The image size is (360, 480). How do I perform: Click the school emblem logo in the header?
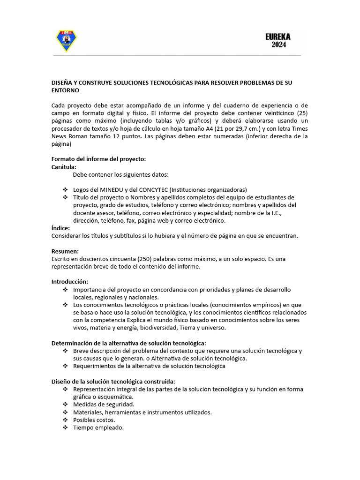(66, 41)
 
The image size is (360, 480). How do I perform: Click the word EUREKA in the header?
(278, 36)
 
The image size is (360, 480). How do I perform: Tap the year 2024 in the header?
(278, 45)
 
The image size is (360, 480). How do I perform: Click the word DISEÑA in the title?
(62, 82)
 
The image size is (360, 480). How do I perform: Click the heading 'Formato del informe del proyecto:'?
(98, 159)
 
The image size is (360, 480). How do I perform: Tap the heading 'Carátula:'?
(64, 166)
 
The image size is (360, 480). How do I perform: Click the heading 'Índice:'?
(60, 228)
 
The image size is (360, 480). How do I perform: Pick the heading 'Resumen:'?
(65, 251)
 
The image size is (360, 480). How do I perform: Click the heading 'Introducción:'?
(69, 281)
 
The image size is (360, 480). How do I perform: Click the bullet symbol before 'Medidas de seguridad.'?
(65, 405)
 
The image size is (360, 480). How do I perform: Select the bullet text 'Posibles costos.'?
(94, 420)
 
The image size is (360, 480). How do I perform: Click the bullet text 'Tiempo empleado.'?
(98, 427)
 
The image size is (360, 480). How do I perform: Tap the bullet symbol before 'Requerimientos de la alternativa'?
(65, 366)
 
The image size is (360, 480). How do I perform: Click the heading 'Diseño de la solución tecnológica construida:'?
(113, 381)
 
